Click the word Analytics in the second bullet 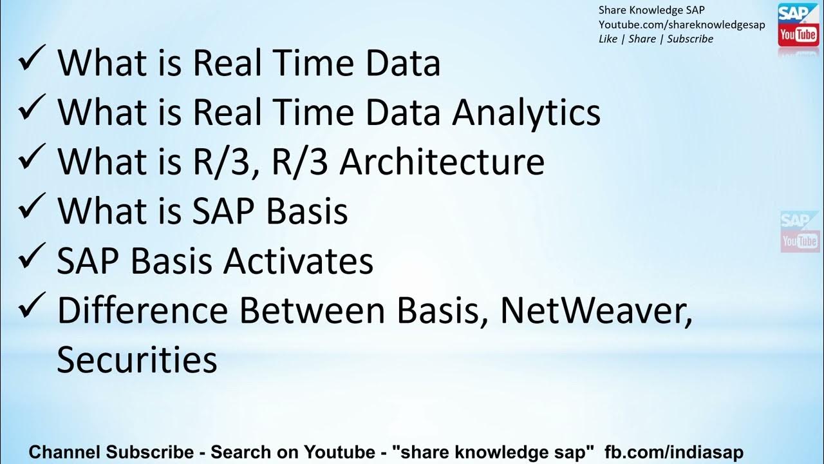526,112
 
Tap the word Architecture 442,162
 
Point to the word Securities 136,360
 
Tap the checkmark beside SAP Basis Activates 32,257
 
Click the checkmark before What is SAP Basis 32,208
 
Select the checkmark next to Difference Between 32,306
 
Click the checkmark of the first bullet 32,59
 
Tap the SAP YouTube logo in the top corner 798,25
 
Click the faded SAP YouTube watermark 800,231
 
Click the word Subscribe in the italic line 690,39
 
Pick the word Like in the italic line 607,39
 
